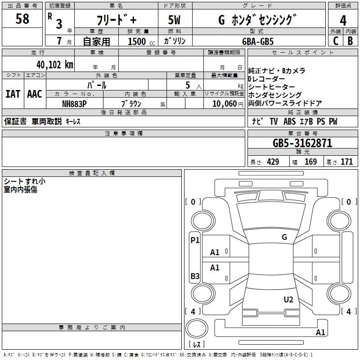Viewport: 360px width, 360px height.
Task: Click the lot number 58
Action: coord(22,19)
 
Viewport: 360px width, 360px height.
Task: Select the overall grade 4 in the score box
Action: coord(343,21)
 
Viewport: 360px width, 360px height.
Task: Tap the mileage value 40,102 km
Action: coord(55,65)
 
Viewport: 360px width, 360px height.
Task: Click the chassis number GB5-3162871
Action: coord(302,143)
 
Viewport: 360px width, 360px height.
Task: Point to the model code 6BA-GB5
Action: coord(258,41)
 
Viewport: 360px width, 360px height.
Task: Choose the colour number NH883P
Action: coord(74,104)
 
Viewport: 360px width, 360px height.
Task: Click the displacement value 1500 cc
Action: coord(141,41)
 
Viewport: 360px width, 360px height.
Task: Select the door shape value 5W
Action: coord(174,20)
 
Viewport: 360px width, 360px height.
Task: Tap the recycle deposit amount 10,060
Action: coord(225,104)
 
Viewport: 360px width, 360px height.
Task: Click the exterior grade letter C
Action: coord(336,41)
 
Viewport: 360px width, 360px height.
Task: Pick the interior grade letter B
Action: coord(350,41)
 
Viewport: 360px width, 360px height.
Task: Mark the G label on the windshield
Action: coord(284,237)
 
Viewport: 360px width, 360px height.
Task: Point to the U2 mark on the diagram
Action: coord(288,300)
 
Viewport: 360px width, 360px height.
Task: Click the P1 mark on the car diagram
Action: coord(195,240)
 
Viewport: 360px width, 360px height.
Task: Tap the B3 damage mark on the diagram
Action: coord(195,276)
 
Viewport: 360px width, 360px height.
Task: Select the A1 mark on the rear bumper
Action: coord(320,332)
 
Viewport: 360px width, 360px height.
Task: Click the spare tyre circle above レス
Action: coord(197,328)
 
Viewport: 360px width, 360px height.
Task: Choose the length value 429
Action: coord(273,162)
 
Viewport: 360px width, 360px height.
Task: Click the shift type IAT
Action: coord(13,94)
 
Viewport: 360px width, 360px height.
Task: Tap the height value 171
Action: coord(346,162)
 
